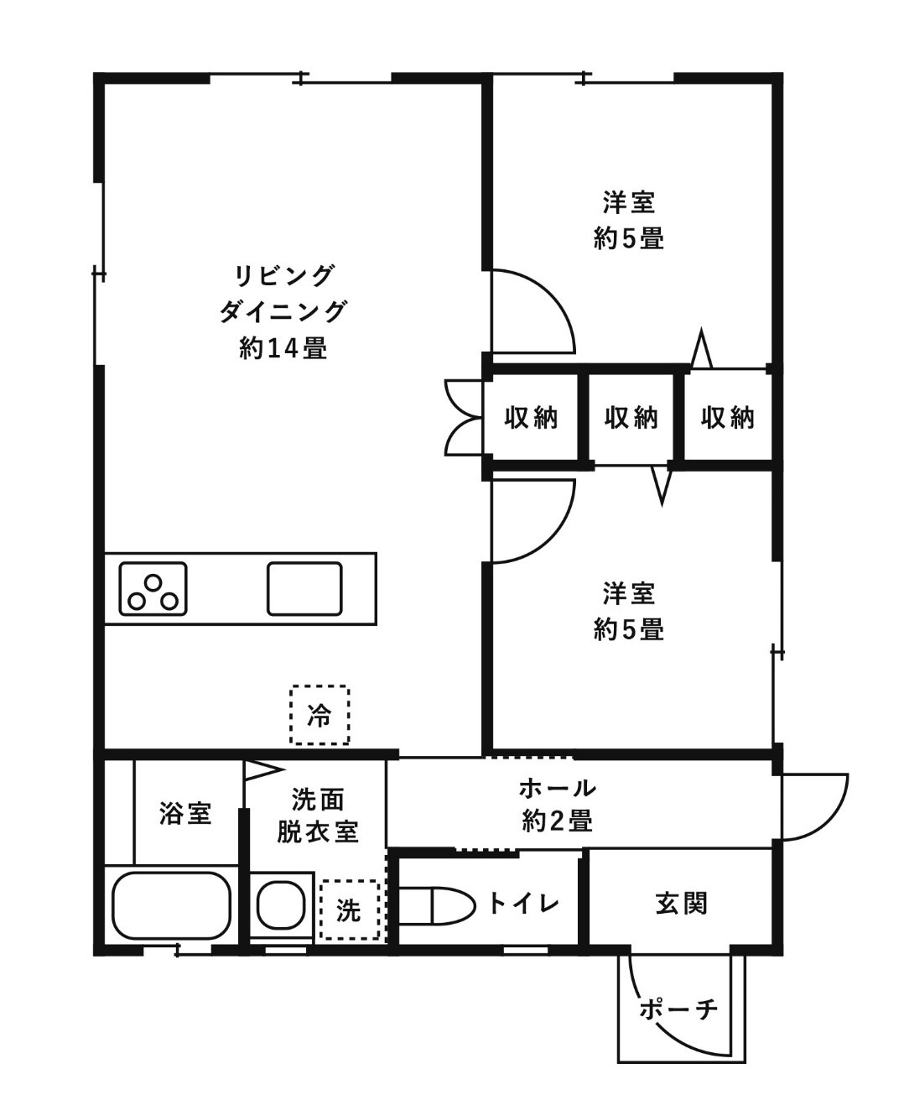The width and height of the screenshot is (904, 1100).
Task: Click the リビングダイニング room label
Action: tap(283, 293)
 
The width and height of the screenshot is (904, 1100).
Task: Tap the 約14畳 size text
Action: tap(283, 347)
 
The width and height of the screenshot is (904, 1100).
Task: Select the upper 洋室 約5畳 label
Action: tap(629, 221)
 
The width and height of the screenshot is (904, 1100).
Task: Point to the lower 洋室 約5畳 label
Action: tap(629, 611)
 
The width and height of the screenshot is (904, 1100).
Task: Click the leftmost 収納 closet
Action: tap(531, 417)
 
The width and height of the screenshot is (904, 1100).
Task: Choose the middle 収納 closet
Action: tap(631, 417)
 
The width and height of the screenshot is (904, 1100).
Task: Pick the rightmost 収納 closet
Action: tap(727, 417)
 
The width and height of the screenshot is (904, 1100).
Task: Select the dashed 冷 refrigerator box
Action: tap(320, 716)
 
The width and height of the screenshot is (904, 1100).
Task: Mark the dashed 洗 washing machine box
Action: tap(349, 910)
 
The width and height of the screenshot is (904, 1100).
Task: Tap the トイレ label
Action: tap(523, 904)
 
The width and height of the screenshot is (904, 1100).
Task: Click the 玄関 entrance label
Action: tap(681, 904)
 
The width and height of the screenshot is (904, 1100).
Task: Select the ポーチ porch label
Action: tap(679, 1008)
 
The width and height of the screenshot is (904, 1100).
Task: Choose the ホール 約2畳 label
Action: tap(558, 804)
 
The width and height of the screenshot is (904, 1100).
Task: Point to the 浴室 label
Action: tap(185, 813)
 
